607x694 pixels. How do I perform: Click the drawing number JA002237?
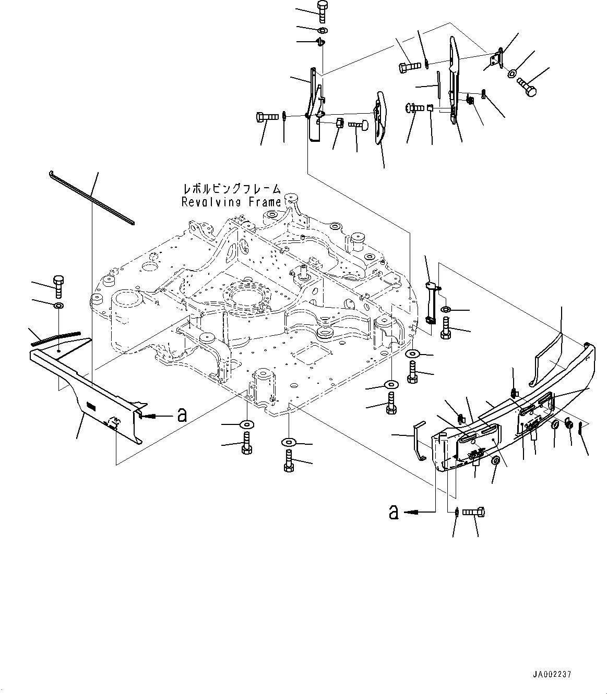tap(552, 674)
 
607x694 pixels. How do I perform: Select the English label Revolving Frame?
tap(231, 202)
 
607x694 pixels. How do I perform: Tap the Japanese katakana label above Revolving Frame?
tap(231, 189)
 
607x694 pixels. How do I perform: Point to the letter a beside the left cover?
tap(182, 415)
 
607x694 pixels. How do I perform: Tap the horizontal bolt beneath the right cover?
tap(474, 513)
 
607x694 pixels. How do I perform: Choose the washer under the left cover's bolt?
tap(58, 305)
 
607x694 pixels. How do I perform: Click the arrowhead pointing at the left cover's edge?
tap(142, 416)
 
